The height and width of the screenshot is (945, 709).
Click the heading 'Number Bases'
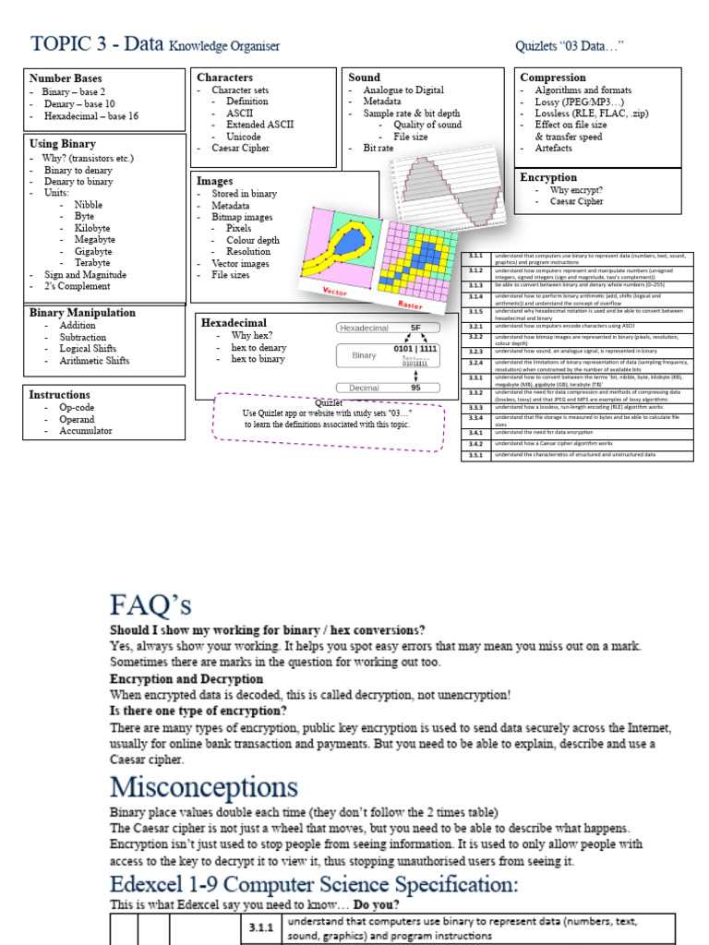[66, 78]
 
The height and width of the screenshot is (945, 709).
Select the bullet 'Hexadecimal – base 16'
[91, 116]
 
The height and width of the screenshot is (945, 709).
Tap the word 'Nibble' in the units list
[89, 205]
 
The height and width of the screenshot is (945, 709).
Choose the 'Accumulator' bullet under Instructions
[86, 431]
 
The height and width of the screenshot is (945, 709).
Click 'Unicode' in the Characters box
[244, 137]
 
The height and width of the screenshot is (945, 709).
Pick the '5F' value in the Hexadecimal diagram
[415, 328]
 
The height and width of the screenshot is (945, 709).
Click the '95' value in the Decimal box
[415, 389]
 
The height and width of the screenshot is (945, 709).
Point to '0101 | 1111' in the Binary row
[415, 350]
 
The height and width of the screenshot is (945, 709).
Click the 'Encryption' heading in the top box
[548, 177]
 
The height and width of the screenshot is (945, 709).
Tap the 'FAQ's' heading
[150, 605]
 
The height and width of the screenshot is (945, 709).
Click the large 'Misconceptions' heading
[204, 787]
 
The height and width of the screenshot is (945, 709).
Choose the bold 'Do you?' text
[379, 904]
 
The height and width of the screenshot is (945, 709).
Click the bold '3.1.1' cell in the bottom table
[261, 927]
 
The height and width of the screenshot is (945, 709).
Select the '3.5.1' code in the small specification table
[475, 455]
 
